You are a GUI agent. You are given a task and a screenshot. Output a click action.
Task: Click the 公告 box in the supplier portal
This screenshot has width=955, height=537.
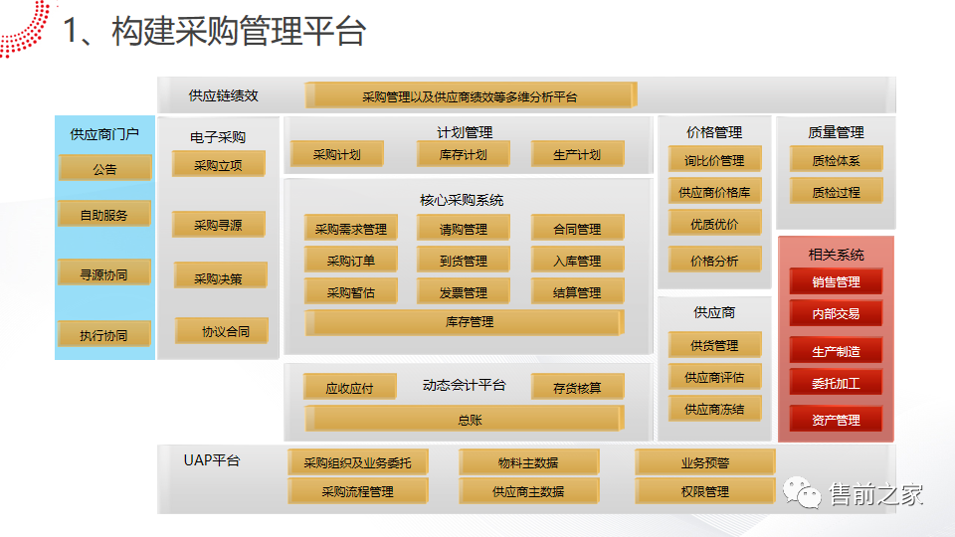(104, 168)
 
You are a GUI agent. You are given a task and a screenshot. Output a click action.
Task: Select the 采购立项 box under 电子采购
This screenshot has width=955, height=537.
(218, 164)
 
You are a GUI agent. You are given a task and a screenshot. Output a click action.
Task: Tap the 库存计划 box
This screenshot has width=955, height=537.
(464, 154)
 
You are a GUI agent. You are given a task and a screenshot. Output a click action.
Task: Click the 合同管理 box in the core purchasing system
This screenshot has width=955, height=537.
(577, 229)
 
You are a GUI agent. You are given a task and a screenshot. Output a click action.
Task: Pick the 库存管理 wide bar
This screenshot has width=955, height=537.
(464, 322)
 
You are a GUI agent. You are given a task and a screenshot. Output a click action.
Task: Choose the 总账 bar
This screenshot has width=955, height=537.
(464, 420)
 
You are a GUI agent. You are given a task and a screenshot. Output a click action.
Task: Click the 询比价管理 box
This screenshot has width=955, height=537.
(714, 160)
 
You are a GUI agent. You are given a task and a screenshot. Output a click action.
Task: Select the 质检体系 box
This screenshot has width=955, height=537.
(836, 160)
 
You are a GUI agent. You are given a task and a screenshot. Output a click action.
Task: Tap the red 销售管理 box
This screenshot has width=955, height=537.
(836, 281)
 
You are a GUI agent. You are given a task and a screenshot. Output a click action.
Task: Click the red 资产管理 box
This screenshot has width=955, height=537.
(836, 420)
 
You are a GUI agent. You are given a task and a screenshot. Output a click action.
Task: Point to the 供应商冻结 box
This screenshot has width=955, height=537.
(714, 409)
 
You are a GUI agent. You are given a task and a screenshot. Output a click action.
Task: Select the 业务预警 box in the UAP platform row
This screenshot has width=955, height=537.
(704, 462)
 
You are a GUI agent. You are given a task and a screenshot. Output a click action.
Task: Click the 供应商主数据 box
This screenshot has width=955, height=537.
(528, 491)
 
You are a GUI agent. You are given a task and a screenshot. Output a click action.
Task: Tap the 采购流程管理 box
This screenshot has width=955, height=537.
(357, 491)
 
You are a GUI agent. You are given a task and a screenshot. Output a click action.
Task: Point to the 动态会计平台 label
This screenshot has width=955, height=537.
(465, 385)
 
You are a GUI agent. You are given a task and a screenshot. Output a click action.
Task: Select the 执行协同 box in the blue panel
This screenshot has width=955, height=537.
(104, 335)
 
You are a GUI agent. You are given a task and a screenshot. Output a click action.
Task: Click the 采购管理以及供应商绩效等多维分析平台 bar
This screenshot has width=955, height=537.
(470, 96)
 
